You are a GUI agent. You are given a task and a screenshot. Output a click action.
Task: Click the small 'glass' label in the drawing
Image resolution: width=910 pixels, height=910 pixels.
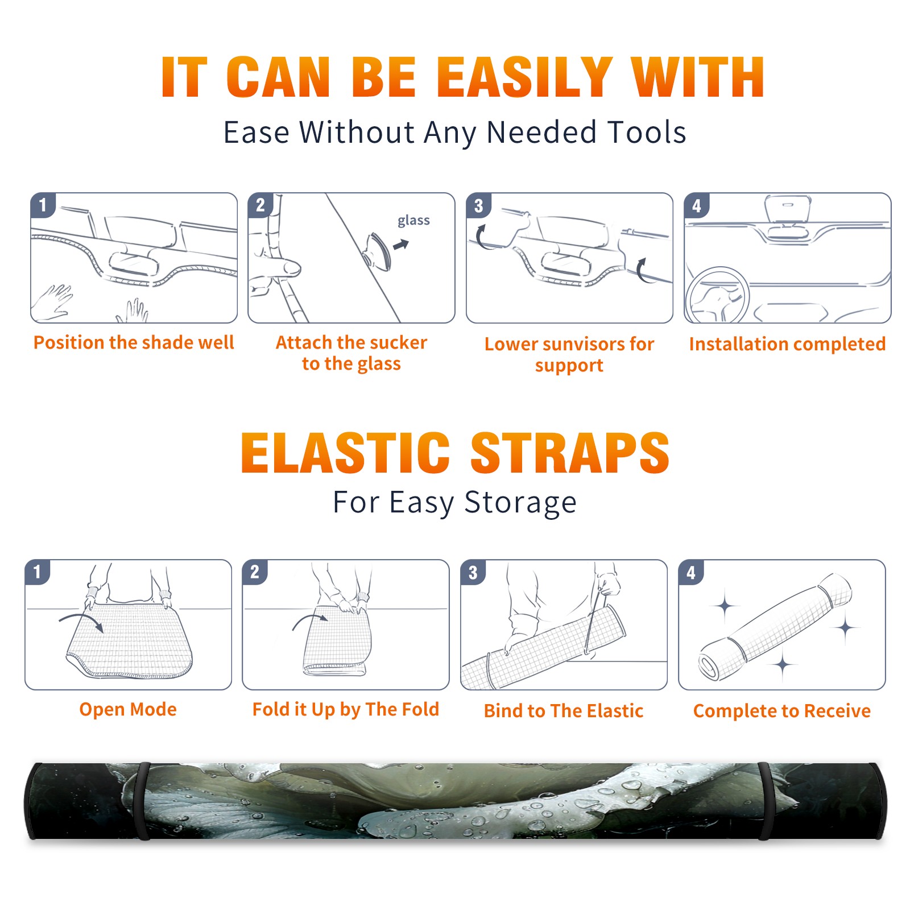point(413,221)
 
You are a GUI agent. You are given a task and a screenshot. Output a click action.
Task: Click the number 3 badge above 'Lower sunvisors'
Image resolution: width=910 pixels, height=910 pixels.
point(478,205)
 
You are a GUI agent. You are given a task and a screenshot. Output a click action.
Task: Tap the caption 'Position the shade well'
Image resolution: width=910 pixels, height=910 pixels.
point(134,342)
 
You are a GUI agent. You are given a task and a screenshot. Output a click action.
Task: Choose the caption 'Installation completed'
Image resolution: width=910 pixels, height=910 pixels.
point(787,344)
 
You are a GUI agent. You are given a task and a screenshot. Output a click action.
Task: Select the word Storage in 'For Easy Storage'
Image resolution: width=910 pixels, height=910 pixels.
point(520,503)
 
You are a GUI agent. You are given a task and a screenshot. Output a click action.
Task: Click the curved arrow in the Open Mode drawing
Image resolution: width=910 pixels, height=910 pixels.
point(81,621)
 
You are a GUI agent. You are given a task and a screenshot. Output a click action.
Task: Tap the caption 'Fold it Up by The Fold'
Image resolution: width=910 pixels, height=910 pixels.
point(346,709)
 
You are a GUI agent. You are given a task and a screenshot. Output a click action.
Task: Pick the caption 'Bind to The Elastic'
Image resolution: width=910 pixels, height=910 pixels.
point(564,711)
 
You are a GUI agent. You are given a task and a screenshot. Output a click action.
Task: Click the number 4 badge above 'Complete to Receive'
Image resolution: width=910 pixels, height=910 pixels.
point(691,572)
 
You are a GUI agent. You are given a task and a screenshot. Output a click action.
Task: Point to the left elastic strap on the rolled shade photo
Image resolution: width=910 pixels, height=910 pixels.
point(142,801)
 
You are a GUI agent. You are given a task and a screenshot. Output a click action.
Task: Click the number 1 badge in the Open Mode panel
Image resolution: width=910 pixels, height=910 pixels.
point(38,572)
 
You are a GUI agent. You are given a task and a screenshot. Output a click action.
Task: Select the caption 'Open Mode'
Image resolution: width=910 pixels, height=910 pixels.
point(128,709)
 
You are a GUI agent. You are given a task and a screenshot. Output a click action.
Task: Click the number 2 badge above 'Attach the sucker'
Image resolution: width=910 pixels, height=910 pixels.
point(260,205)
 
